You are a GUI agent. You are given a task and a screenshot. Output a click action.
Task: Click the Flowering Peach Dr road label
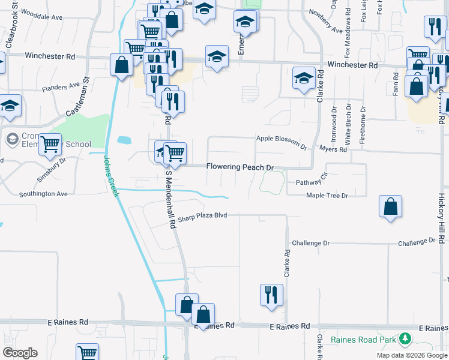coord(240,167)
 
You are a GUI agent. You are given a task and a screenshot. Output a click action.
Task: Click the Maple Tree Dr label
coord(327,196)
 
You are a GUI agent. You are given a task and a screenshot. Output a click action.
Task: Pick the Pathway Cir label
coord(311,179)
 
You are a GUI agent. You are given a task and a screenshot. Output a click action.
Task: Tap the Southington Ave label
coord(43,194)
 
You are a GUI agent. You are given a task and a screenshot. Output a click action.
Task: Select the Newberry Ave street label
coord(325,21)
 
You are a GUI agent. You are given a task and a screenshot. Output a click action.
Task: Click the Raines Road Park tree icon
coord(406,340)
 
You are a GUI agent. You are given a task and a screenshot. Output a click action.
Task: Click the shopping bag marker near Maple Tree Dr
coord(390,206)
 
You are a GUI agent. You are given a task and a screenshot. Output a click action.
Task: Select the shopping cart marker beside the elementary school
coord(50,144)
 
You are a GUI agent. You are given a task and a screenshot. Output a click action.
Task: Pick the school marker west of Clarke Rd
coord(304,78)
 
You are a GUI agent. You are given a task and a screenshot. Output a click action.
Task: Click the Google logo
coord(20,353)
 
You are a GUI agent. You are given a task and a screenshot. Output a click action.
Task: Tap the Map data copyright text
coord(411,355)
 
